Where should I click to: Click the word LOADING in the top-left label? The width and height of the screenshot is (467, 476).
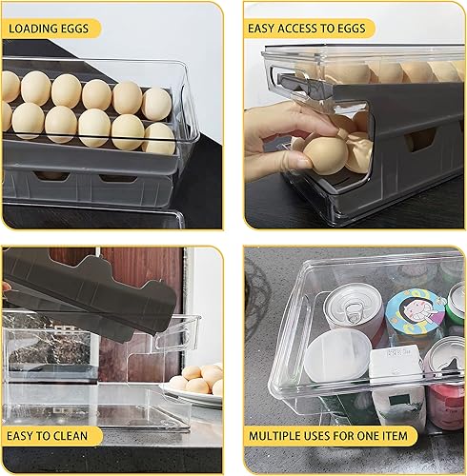[35, 29]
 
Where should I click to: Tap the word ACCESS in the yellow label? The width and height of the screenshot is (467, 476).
[306, 29]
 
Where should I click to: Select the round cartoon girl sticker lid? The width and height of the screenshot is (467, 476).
[414, 311]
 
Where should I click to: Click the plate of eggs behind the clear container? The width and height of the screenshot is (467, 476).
[195, 387]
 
